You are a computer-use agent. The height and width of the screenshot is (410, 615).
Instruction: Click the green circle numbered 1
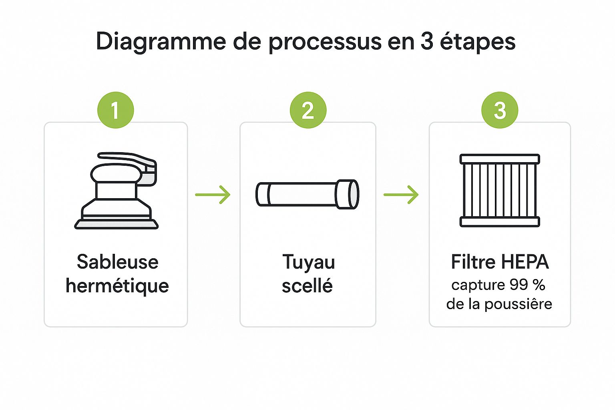tap(116, 110)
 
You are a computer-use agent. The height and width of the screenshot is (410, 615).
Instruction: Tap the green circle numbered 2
tap(308, 110)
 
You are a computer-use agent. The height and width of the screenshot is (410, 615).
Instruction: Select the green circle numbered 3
tap(500, 110)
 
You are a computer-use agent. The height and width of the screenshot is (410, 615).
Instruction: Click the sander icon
tap(117, 191)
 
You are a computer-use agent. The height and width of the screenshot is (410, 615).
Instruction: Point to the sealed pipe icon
tap(307, 194)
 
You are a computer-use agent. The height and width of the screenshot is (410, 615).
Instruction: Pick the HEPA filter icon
tap(500, 190)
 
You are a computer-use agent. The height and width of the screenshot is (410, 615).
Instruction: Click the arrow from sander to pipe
tap(213, 195)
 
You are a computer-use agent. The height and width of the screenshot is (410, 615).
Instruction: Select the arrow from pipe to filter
tap(401, 195)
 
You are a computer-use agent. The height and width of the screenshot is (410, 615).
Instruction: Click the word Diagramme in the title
tap(161, 42)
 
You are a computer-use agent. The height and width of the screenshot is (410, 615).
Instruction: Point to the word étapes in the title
tap(478, 42)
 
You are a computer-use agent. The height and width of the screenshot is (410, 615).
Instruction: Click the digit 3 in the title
tap(427, 42)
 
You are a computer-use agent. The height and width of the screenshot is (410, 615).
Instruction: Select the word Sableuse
tap(117, 262)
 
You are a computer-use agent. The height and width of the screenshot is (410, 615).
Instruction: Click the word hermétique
tap(117, 286)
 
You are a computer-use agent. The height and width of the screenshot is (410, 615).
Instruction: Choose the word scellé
tap(307, 285)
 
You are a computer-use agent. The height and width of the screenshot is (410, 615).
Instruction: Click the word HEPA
tap(525, 262)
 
